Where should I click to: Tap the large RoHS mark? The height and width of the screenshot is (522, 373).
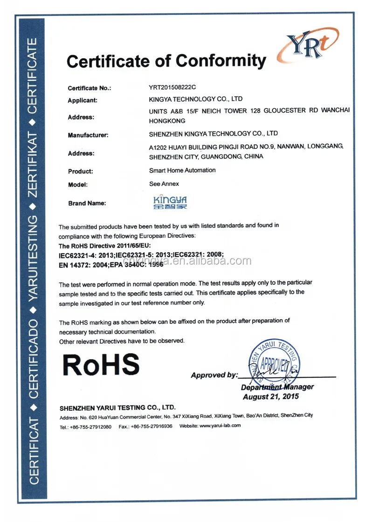click(101, 364)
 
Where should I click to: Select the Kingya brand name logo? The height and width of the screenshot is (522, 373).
click(170, 201)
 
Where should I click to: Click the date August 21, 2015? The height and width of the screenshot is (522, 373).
click(271, 397)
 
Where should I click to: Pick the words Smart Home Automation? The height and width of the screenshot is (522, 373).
click(182, 170)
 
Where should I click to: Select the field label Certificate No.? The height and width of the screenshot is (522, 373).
click(90, 88)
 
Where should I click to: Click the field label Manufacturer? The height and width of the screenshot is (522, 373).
click(88, 135)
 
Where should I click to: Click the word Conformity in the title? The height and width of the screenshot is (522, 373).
click(221, 61)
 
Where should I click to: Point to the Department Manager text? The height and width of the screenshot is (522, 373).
click(277, 387)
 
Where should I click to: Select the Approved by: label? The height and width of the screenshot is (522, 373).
click(214, 375)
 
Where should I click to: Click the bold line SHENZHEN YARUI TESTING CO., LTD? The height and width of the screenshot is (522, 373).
click(117, 407)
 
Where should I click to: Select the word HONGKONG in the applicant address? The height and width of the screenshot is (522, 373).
click(167, 121)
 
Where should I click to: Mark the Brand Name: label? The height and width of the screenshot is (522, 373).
click(87, 203)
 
